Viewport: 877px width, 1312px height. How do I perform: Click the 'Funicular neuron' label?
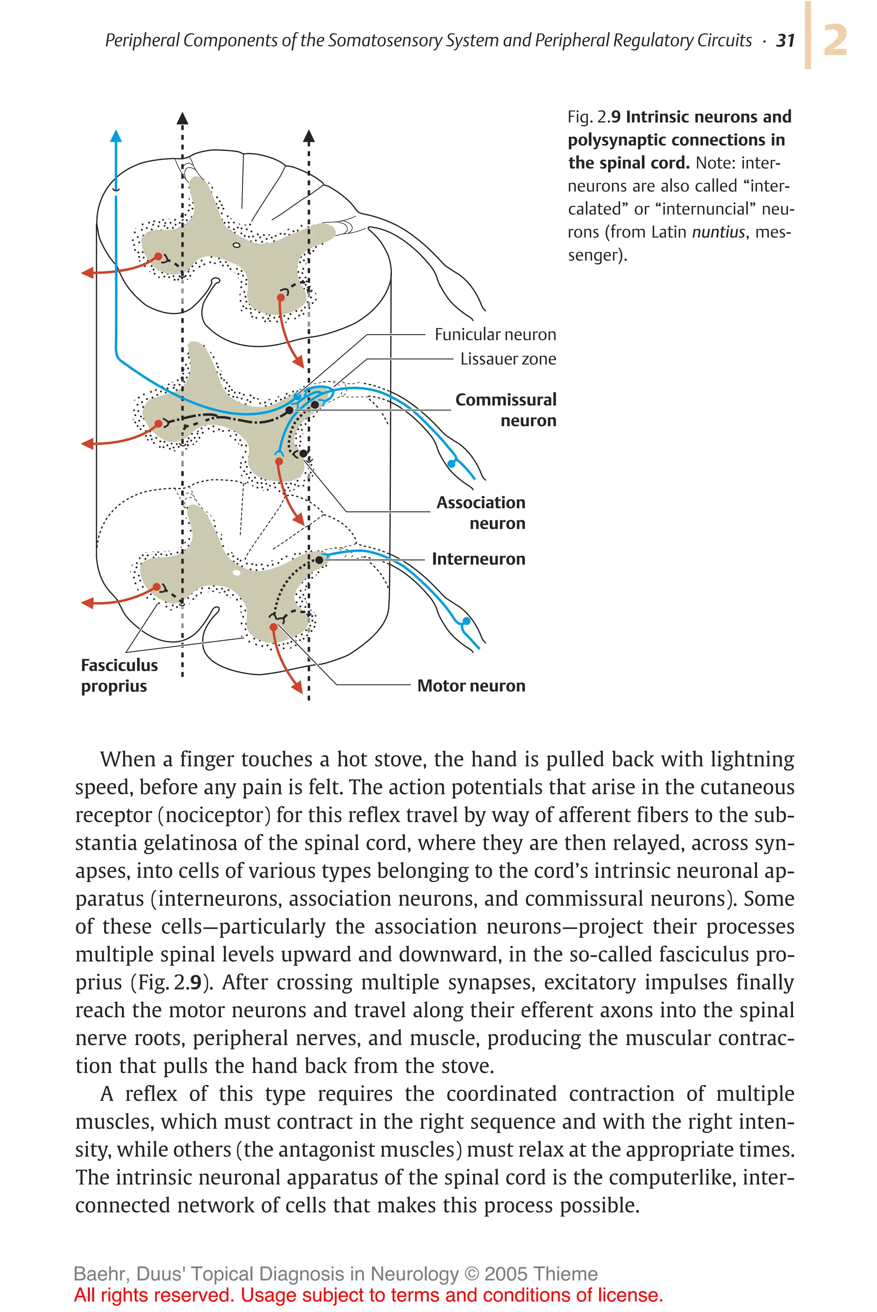(x=495, y=334)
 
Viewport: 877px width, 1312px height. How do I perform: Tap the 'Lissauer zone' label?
(x=508, y=359)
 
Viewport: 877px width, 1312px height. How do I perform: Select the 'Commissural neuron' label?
(x=506, y=410)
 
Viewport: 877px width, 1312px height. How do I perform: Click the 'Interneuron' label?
(x=478, y=559)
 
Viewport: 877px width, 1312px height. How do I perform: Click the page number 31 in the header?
(x=785, y=40)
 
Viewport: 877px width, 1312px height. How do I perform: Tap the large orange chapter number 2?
(x=835, y=40)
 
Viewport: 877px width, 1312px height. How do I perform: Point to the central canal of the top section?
(x=236, y=245)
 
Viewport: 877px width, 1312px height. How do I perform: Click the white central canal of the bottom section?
(x=236, y=573)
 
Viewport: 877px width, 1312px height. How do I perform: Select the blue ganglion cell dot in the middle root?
(x=452, y=464)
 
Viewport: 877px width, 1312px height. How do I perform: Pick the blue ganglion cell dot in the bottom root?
(x=466, y=621)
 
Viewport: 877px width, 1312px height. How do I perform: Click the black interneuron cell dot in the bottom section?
(x=319, y=559)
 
